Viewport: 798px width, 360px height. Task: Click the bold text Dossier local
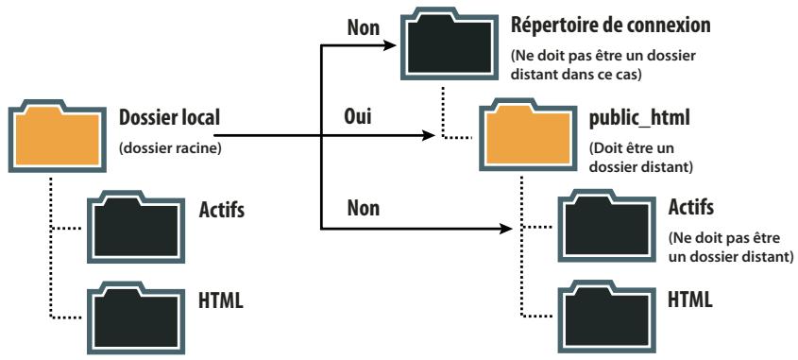(x=169, y=120)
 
